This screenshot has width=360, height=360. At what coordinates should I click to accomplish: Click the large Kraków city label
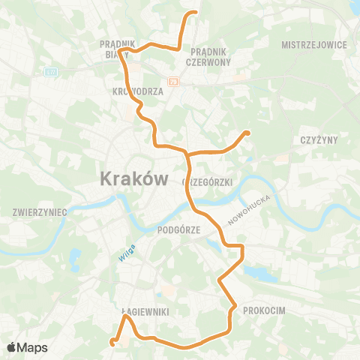tap(131, 178)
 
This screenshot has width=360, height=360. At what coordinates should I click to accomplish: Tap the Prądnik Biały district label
tap(118, 49)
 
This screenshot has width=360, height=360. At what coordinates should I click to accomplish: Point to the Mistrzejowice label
tap(314, 45)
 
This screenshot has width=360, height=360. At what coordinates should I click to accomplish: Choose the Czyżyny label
tap(319, 140)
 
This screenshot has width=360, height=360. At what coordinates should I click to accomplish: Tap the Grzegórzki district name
tap(208, 182)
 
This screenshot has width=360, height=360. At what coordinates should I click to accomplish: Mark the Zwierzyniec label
tap(39, 212)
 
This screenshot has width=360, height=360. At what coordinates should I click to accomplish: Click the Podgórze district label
tap(178, 231)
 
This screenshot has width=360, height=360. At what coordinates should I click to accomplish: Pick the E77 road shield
tap(50, 72)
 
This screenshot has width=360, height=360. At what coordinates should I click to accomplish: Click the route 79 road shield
tap(174, 82)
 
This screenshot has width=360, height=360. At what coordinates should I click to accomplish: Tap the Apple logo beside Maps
tap(12, 347)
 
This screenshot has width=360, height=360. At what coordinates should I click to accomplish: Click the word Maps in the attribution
tap(32, 347)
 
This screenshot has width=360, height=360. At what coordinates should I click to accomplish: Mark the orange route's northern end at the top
tap(194, 13)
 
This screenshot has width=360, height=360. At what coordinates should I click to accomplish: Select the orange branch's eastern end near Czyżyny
tap(247, 133)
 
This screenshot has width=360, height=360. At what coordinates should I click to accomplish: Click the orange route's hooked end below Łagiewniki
tap(112, 343)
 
